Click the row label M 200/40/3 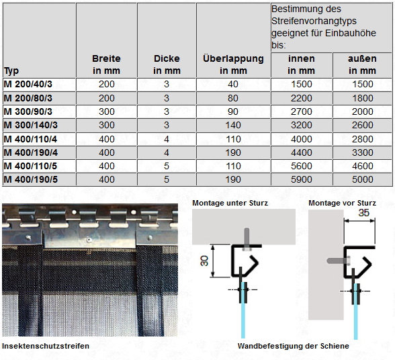pyautogui.click(x=28, y=84)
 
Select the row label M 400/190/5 pyautogui.click(x=30, y=179)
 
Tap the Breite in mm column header pyautogui.click(x=107, y=64)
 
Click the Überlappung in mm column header pyautogui.click(x=233, y=64)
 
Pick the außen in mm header pyautogui.click(x=362, y=64)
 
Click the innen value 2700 pyautogui.click(x=301, y=111)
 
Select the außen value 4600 pyautogui.click(x=362, y=166)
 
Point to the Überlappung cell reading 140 pyautogui.click(x=233, y=125)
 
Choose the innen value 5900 pyautogui.click(x=301, y=179)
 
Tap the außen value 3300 pyautogui.click(x=362, y=152)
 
